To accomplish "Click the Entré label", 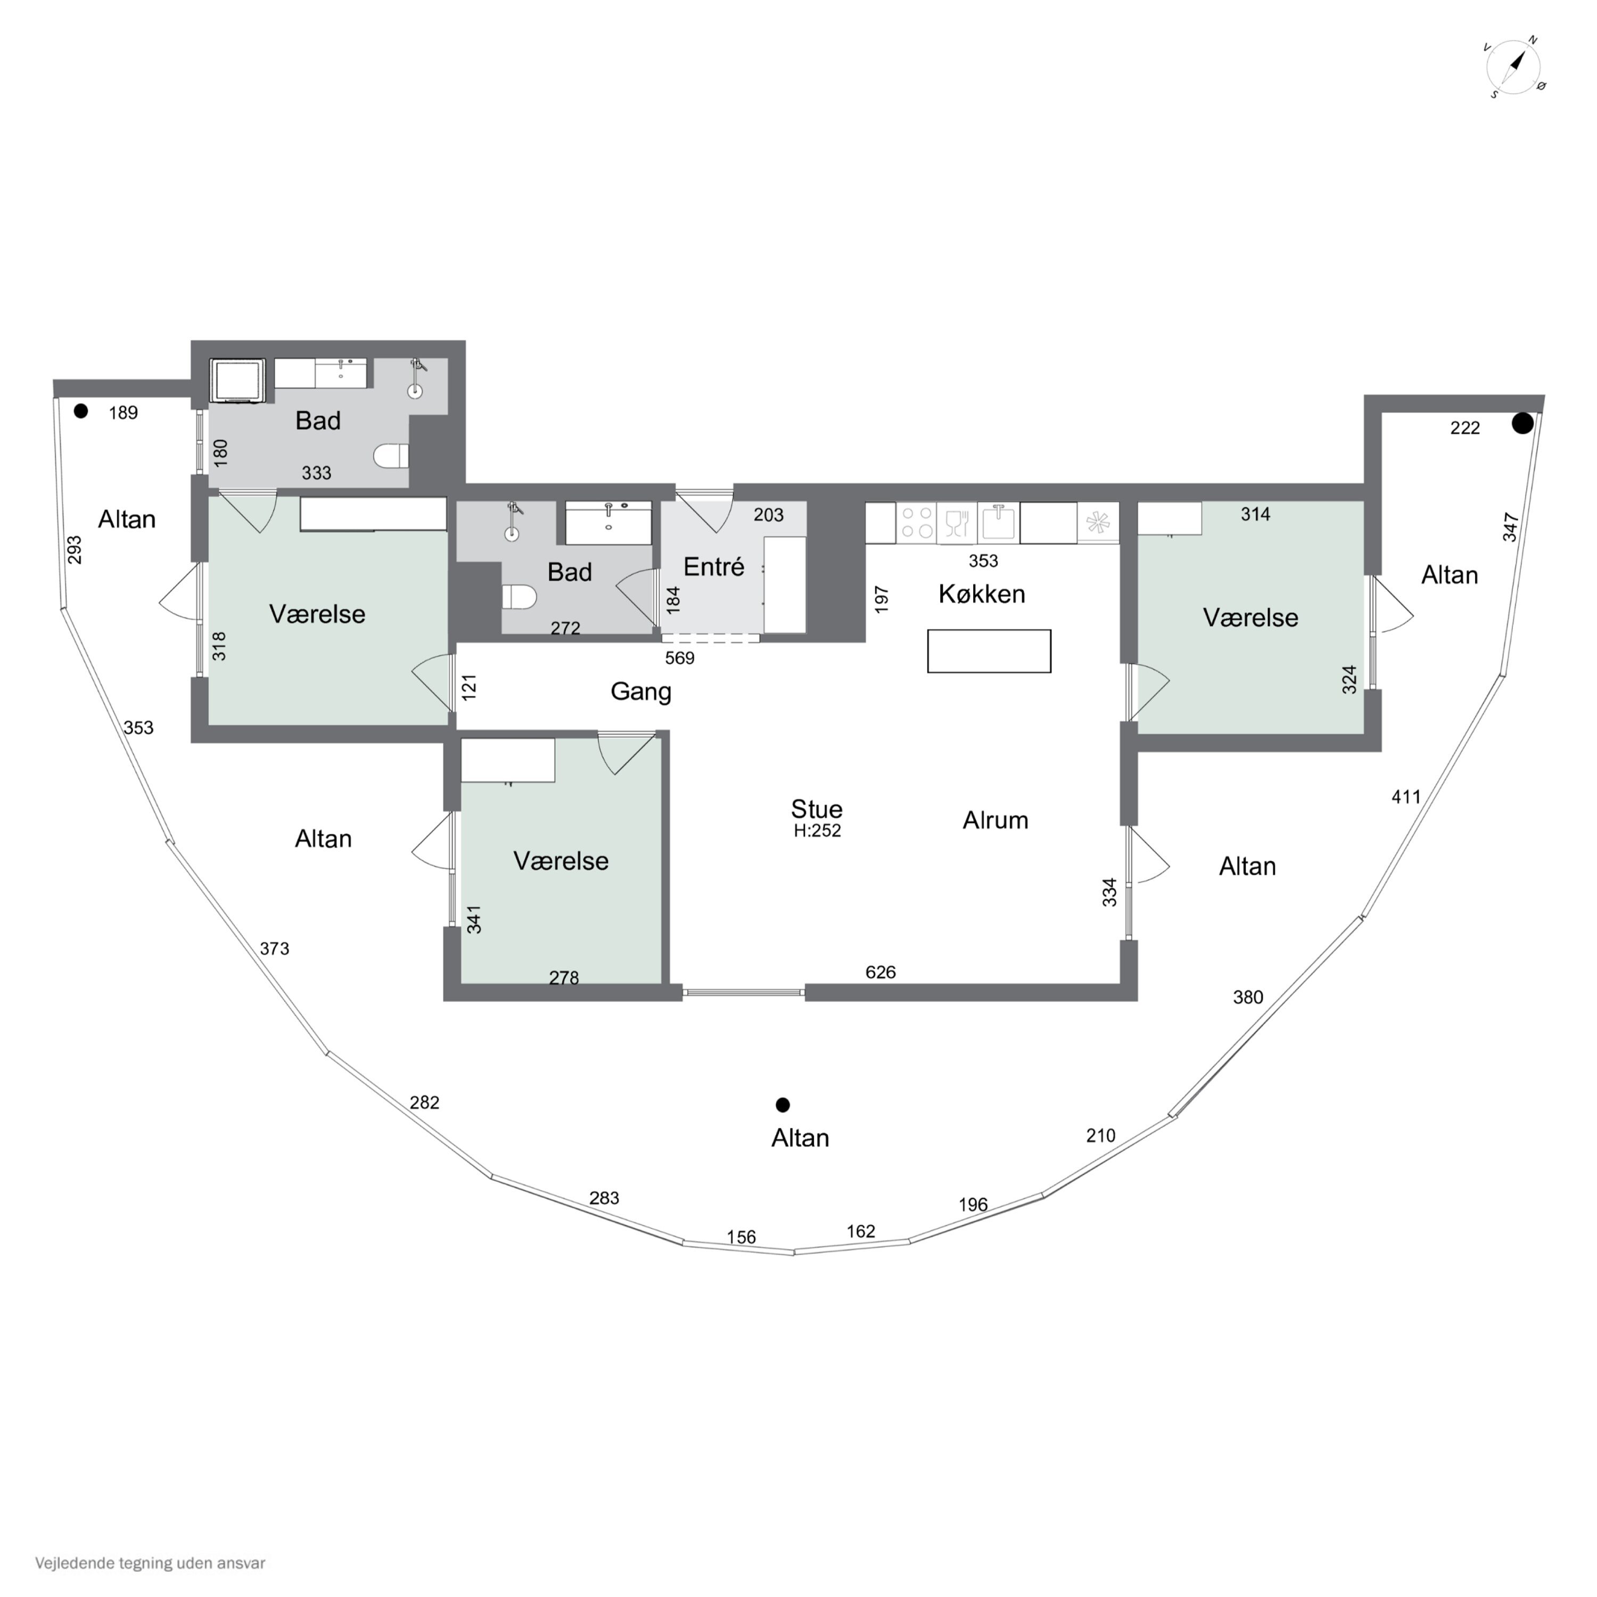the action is (713, 567).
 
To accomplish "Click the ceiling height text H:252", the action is (817, 831).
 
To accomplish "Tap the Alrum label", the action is (995, 820).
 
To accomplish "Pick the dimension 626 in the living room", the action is (880, 972).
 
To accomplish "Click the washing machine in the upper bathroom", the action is (237, 380).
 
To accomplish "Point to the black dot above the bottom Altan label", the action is (783, 1105).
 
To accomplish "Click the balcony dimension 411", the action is (1406, 797).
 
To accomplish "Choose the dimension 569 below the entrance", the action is (679, 658).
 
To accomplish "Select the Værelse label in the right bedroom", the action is (1250, 618).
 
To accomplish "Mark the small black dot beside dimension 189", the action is (80, 411).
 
